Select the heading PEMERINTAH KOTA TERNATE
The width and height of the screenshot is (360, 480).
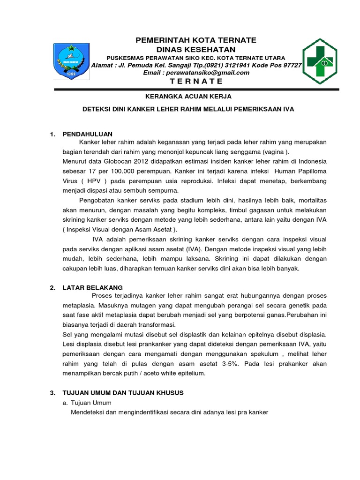(x=196, y=40)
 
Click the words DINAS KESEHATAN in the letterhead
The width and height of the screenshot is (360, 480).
(x=196, y=49)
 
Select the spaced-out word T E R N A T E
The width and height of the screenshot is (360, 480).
(x=196, y=81)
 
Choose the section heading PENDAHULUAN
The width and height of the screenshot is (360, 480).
(x=88, y=135)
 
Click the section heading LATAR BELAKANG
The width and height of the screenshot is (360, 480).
(x=92, y=287)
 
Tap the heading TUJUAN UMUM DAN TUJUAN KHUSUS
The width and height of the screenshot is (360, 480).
(x=123, y=392)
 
